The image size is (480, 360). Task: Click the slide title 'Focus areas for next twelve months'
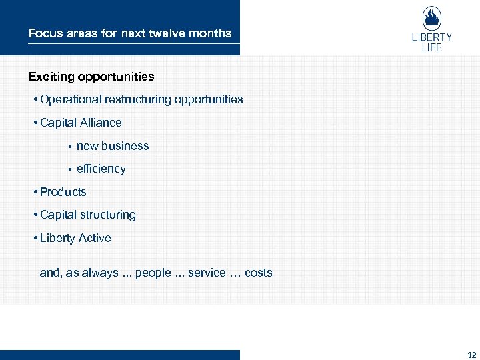(130, 33)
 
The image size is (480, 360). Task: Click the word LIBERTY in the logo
(432, 38)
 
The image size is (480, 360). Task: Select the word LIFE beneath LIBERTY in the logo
(432, 47)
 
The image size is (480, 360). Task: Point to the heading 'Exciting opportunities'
(91, 77)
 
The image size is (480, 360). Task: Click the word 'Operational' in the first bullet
(69, 99)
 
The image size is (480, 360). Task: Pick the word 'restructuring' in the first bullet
(137, 99)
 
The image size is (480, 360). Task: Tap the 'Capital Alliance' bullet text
(81, 123)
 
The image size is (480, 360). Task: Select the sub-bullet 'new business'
(113, 146)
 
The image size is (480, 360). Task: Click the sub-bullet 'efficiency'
(101, 169)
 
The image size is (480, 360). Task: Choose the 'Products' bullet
(63, 192)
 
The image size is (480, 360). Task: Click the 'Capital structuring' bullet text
(87, 215)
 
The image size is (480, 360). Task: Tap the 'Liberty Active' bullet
(75, 238)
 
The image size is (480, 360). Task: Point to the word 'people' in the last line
(153, 273)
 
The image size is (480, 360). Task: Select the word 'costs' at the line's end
(259, 273)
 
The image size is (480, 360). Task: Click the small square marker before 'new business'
(69, 147)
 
